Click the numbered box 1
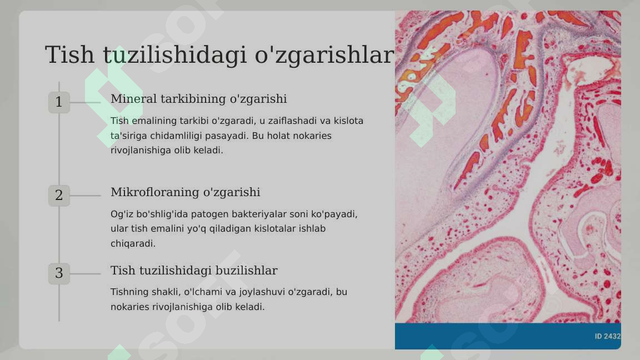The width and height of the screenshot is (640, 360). point(59,102)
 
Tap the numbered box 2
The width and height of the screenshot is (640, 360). point(59,196)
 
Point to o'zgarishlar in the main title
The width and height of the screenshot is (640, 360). point(324,55)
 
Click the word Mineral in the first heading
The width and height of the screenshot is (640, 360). point(133,99)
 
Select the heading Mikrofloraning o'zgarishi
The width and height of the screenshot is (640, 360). point(185,192)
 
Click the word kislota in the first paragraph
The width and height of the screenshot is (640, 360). point(348,121)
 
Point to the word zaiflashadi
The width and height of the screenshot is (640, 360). point(297,121)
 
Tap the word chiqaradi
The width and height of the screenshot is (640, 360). point(133,243)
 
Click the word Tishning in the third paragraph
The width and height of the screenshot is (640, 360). point(129,292)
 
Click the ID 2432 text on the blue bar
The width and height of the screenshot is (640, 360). point(607,336)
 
